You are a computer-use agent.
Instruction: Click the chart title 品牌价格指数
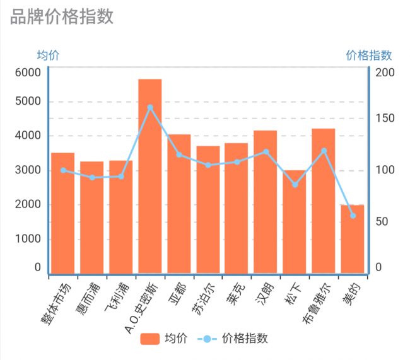pos(62,17)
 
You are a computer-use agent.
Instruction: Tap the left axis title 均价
pos(49,55)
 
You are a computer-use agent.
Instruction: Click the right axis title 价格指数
pos(369,55)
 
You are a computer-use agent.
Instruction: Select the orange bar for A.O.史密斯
pos(150,177)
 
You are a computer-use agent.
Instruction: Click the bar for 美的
pos(353,240)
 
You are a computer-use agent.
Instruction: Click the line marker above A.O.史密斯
pos(150,108)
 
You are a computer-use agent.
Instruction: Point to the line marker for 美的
pos(353,216)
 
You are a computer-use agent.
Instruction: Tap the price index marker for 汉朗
pos(266,152)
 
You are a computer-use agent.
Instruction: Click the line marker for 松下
pos(295,185)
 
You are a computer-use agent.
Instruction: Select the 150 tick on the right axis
pos(385,119)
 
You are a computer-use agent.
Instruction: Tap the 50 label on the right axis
pos(382,222)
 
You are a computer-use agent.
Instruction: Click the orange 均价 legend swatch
pos(150,339)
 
